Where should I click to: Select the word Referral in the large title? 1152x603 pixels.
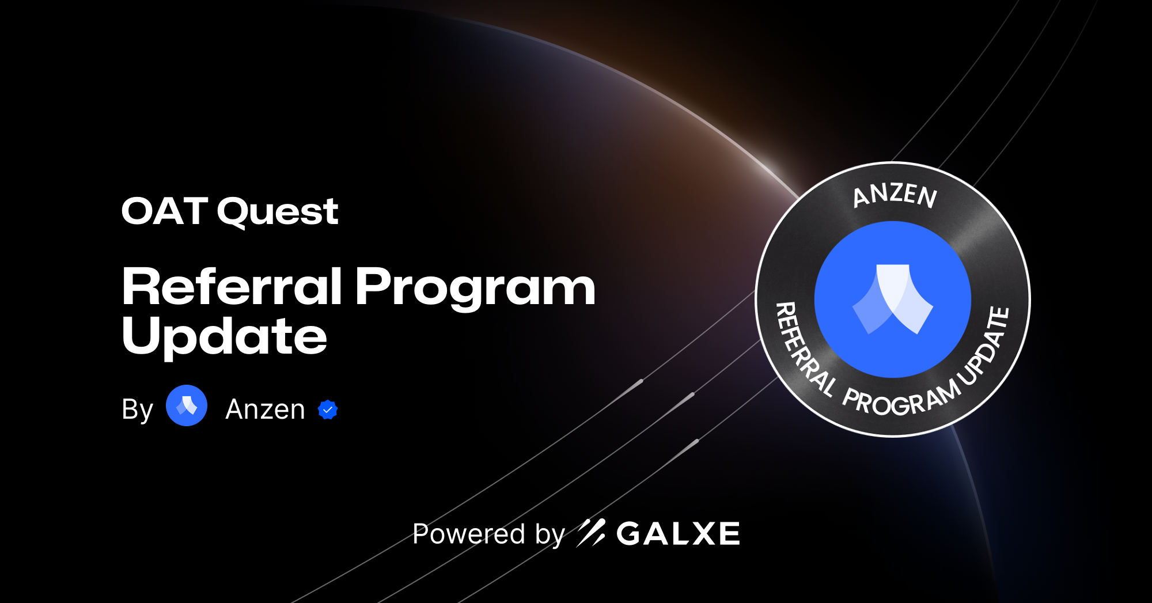(x=232, y=286)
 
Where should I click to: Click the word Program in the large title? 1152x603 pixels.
(x=475, y=287)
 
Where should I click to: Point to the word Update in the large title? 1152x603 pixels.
(x=224, y=336)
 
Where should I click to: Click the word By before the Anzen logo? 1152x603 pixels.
(x=137, y=410)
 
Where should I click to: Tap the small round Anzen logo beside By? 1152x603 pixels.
(x=187, y=405)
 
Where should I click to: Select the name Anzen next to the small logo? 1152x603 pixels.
(x=265, y=409)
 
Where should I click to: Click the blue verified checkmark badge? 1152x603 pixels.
(x=328, y=409)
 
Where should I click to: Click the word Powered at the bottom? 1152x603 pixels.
(x=469, y=534)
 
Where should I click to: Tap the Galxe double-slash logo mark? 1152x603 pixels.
(x=591, y=533)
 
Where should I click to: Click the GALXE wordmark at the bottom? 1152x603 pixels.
(x=678, y=534)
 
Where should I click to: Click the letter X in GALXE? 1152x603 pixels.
(x=700, y=534)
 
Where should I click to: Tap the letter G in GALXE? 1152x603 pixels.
(x=629, y=534)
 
